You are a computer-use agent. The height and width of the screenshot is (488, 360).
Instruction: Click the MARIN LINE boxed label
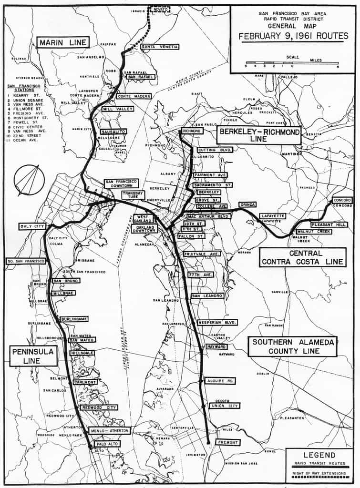(63, 42)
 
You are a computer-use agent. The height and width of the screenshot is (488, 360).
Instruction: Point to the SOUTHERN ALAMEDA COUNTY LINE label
(292, 346)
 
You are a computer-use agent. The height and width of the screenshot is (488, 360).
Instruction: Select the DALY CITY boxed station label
(33, 226)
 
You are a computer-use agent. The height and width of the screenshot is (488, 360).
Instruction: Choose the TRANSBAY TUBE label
(133, 195)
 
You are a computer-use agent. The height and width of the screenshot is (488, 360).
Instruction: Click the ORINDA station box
(247, 204)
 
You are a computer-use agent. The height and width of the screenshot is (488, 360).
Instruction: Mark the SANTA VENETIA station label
(160, 47)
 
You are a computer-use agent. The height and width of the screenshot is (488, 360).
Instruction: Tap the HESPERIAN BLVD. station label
(217, 323)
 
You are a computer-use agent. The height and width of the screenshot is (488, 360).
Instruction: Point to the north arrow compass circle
(29, 180)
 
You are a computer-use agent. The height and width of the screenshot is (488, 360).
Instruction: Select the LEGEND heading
(319, 455)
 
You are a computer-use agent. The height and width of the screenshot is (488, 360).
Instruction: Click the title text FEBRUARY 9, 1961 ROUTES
(293, 36)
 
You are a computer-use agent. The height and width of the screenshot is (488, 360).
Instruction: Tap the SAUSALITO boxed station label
(113, 132)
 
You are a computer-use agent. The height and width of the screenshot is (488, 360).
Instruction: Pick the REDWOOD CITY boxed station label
(99, 407)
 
